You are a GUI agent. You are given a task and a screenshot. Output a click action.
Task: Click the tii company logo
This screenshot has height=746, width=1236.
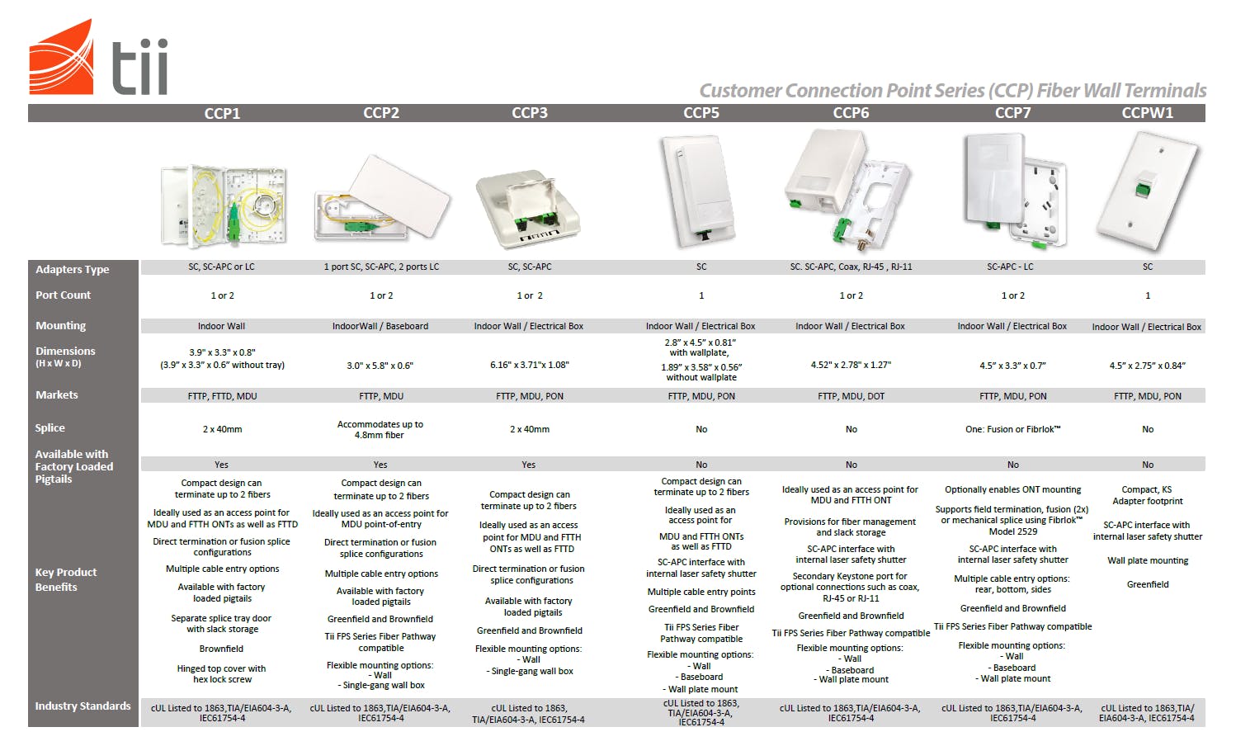[99, 58]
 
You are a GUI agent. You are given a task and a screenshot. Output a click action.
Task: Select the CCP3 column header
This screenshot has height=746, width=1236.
[530, 113]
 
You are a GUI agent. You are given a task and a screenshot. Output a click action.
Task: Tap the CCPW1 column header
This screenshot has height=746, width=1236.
[1147, 113]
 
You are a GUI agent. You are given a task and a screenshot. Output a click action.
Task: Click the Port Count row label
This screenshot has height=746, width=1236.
[64, 295]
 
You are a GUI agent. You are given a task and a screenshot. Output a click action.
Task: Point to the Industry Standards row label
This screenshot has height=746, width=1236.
[83, 706]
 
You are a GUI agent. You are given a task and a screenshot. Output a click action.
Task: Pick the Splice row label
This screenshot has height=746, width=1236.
[50, 428]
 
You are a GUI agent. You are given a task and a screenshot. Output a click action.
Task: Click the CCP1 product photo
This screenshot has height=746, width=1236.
[224, 205]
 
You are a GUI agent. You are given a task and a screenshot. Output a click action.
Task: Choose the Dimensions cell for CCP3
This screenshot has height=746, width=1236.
[530, 365]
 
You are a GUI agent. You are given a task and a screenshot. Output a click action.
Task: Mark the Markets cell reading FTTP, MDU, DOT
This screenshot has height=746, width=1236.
[851, 396]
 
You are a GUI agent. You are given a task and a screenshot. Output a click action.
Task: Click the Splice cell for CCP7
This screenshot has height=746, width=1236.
[1012, 429]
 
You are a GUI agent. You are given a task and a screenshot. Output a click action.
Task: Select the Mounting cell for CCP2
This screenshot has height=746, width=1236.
[380, 326]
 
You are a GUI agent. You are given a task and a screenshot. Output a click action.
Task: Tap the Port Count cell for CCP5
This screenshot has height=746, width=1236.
[701, 295]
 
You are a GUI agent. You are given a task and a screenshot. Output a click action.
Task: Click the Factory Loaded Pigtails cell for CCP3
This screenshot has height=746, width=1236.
[529, 465]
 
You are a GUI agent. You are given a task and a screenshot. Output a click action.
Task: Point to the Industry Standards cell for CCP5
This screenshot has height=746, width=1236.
[701, 713]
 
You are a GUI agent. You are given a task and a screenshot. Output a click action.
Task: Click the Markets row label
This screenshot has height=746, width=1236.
[57, 395]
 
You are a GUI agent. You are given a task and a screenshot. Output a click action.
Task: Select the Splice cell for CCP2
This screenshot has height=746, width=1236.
[380, 429]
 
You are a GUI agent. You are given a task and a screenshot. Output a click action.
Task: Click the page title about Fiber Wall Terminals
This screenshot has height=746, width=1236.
[952, 91]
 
